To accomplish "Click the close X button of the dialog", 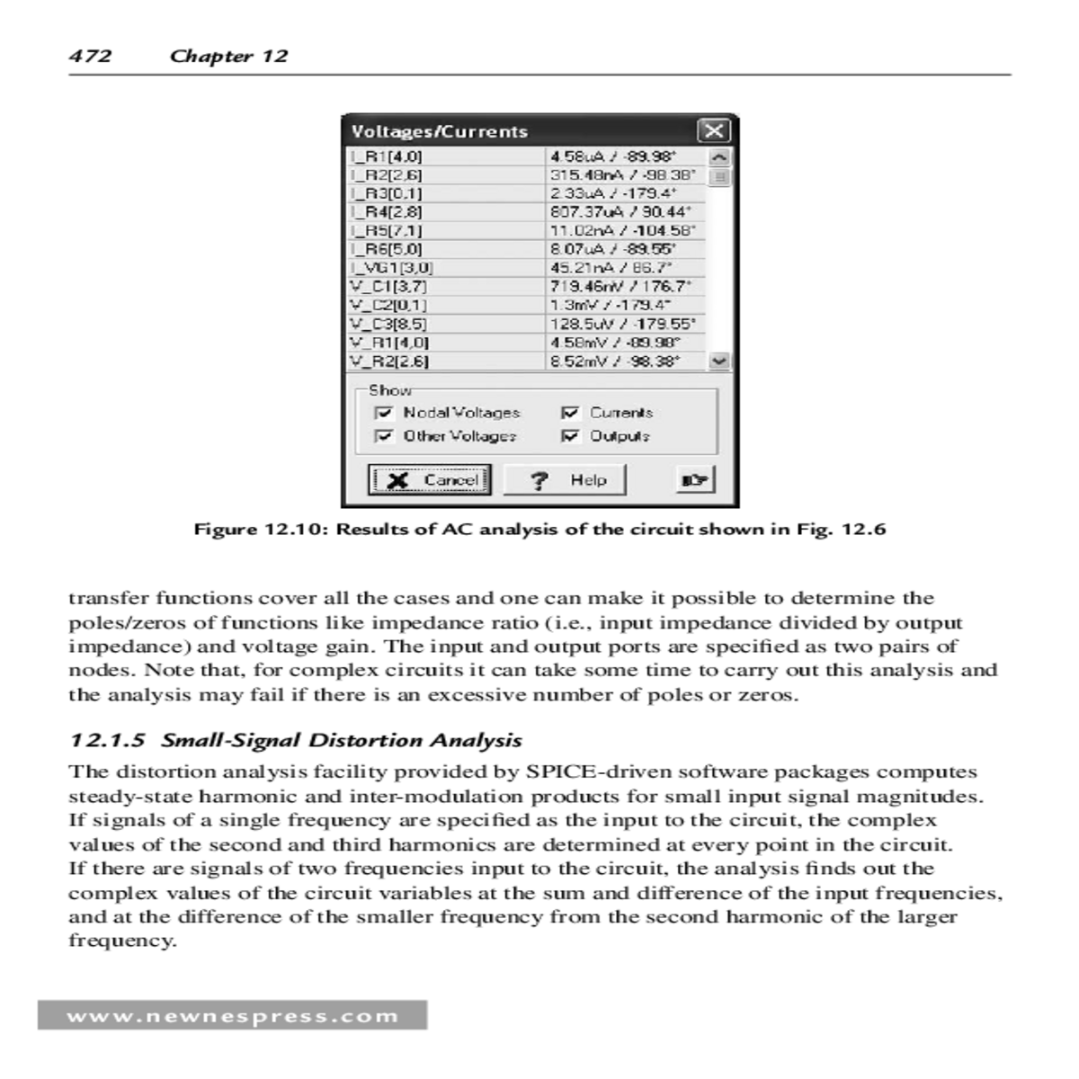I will click(x=714, y=130).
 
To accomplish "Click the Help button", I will click(x=564, y=480).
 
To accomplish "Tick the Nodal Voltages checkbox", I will click(x=385, y=413).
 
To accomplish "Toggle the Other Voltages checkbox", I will click(x=385, y=436).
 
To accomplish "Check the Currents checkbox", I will click(x=570, y=413).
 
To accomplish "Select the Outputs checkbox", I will click(x=570, y=436).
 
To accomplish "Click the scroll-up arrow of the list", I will click(x=719, y=157).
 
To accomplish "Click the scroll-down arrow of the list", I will click(x=719, y=361).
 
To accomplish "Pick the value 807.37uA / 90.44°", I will click(x=620, y=212).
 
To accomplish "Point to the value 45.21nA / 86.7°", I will click(x=611, y=268).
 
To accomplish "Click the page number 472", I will click(x=90, y=56).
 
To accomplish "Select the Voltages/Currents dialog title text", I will click(x=439, y=131).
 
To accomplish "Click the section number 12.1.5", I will click(x=107, y=741).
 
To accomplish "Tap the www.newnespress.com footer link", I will click(x=232, y=1016).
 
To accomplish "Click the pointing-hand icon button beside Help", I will click(x=694, y=480).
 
